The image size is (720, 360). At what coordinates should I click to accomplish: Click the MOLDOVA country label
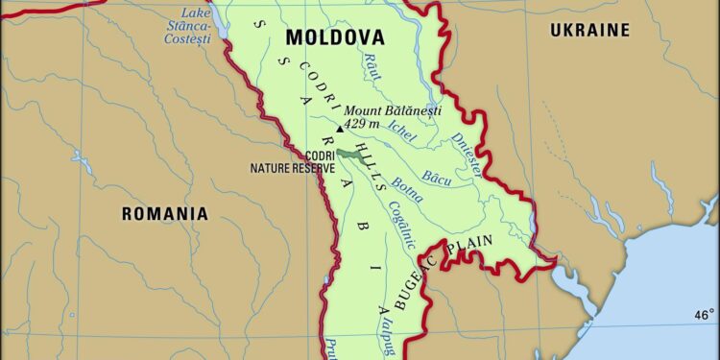click(x=336, y=38)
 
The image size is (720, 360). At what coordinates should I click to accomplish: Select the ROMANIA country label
click(x=164, y=213)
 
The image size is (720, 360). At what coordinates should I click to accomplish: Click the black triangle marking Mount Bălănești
click(x=338, y=129)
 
